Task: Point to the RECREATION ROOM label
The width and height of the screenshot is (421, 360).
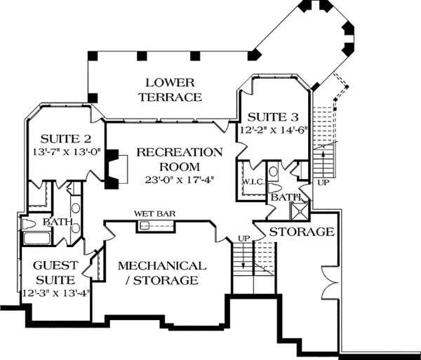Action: click(180, 159)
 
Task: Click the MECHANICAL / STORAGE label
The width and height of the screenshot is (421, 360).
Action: click(161, 273)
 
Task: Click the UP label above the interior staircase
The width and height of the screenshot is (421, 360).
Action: click(243, 239)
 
